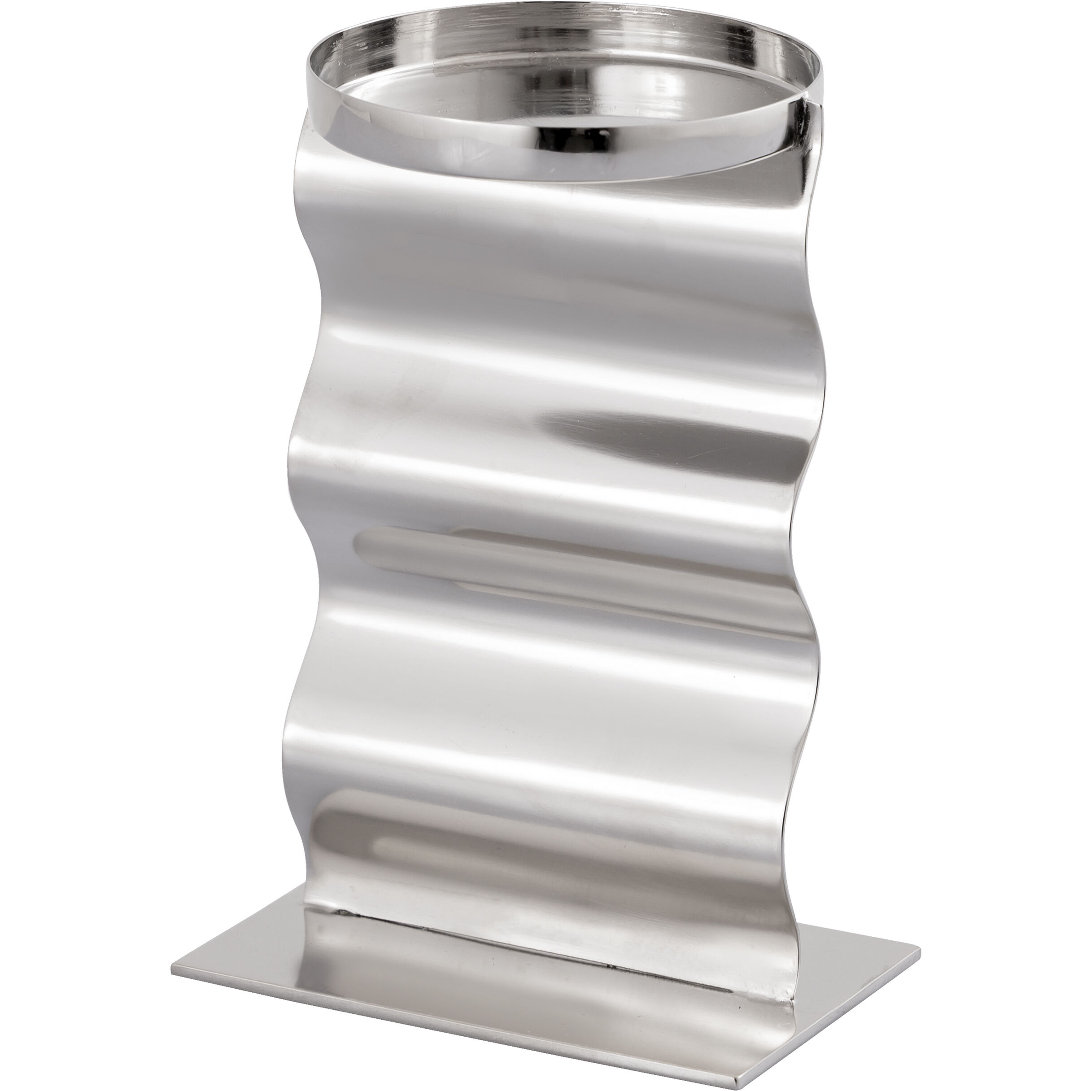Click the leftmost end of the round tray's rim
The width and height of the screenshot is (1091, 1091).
point(308,85)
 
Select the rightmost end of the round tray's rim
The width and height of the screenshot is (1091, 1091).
point(822,85)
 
